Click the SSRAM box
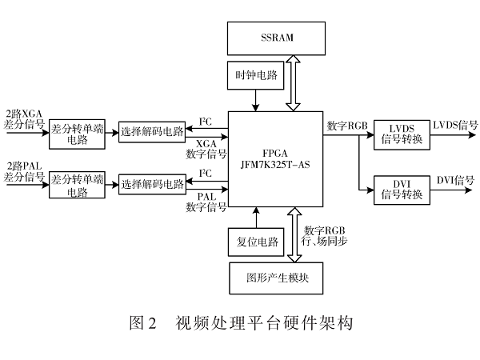click(x=277, y=38)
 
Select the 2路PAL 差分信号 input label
click(x=22, y=171)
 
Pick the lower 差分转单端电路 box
click(x=77, y=185)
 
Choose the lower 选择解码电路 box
click(x=152, y=185)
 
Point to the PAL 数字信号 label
click(x=206, y=202)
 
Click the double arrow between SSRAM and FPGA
click(x=293, y=82)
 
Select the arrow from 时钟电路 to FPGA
click(x=255, y=100)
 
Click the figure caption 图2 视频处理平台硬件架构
click(x=240, y=324)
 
